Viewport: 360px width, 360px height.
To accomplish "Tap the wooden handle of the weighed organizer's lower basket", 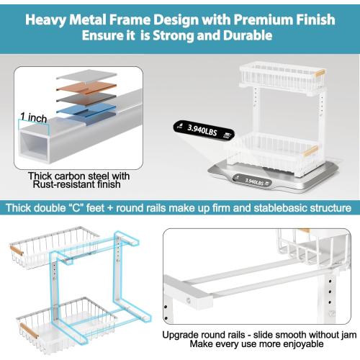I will (x=311, y=151).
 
